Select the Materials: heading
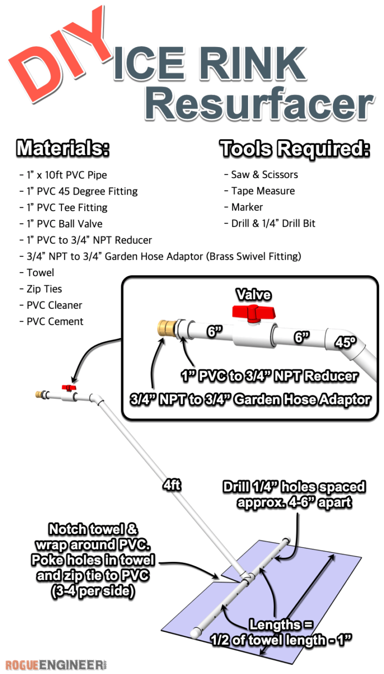(x=63, y=149)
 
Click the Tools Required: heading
(x=295, y=149)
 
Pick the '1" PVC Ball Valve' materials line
(x=64, y=224)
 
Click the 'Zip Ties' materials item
(x=44, y=289)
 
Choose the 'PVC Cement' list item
(x=55, y=321)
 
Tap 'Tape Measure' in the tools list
(x=262, y=191)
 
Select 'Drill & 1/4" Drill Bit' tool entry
(x=273, y=223)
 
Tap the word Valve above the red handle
(x=254, y=294)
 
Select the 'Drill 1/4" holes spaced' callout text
(x=294, y=487)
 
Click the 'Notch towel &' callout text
(x=93, y=529)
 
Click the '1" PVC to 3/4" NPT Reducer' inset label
(x=270, y=376)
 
